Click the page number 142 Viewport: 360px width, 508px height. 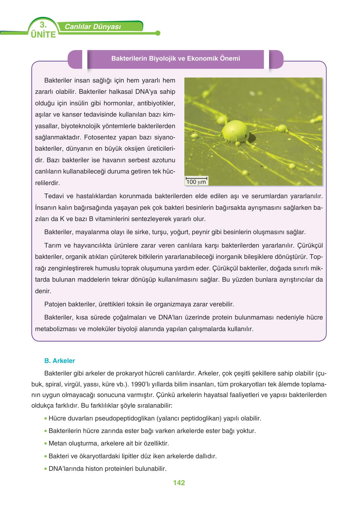pyautogui.click(x=179, y=483)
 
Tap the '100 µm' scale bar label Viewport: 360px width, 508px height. pyautogui.click(x=196, y=182)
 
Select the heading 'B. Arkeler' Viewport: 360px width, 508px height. pyautogui.click(x=60, y=361)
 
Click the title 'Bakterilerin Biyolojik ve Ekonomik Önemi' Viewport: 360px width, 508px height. pyautogui.click(x=176, y=58)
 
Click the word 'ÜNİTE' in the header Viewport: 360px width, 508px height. pyautogui.click(x=43, y=34)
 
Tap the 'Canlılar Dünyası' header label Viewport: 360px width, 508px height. pyautogui.click(x=92, y=27)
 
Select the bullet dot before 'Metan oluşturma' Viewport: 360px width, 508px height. pyautogui.click(x=46, y=443)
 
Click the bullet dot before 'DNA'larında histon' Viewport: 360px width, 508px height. pyautogui.click(x=46, y=469)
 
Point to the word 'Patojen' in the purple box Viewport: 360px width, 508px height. pyautogui.click(x=55, y=304)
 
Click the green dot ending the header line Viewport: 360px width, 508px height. pyautogui.click(x=157, y=33)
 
